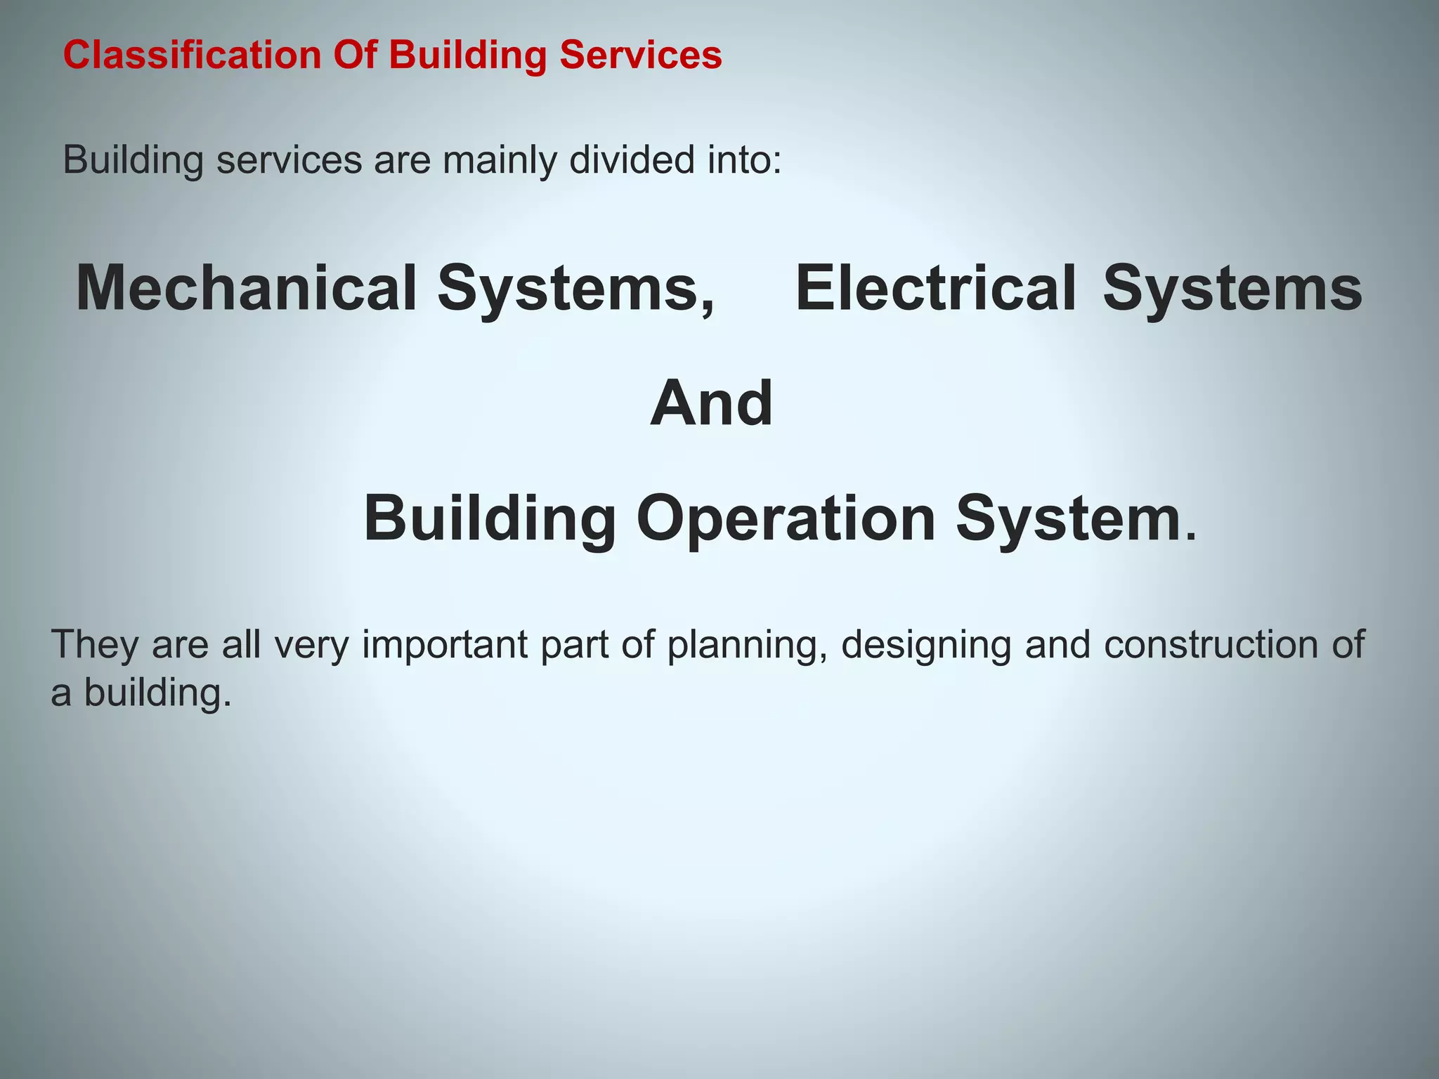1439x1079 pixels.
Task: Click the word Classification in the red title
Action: tap(192, 55)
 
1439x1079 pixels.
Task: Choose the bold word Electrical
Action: tap(935, 288)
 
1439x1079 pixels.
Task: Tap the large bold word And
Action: tap(711, 403)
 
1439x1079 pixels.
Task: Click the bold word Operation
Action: tap(786, 519)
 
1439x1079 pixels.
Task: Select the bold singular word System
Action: tap(1068, 519)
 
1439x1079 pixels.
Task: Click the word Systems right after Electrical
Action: tap(1232, 288)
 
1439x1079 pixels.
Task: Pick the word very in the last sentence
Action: tap(311, 645)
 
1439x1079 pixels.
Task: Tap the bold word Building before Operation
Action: tap(490, 519)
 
